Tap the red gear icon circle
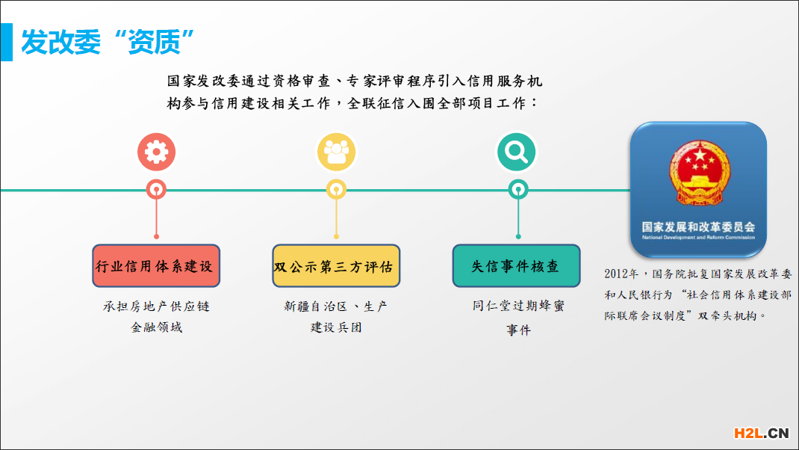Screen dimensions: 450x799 [156, 152]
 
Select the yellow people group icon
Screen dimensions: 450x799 [336, 152]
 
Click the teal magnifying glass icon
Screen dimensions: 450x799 [517, 152]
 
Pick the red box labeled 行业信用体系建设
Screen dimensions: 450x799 [156, 266]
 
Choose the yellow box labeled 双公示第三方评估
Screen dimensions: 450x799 [336, 266]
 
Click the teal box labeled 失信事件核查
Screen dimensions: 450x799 [517, 266]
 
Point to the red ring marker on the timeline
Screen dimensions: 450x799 [156, 190]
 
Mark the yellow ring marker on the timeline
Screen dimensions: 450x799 [336, 190]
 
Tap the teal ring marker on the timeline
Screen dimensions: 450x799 [517, 190]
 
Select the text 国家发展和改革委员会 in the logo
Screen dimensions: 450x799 [698, 226]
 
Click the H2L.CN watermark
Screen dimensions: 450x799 [761, 433]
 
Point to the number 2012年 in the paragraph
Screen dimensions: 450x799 [621, 274]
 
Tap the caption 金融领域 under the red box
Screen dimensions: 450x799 [156, 327]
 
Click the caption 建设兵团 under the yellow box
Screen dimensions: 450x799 [336, 327]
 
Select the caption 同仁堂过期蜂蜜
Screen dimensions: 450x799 [517, 306]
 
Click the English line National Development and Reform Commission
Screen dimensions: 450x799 [698, 238]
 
